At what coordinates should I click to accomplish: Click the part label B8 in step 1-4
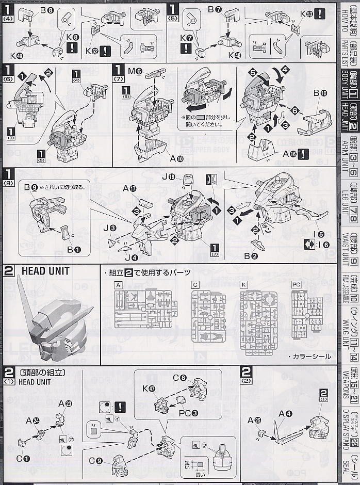tap(50, 10)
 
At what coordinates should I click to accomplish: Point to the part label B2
tap(261, 254)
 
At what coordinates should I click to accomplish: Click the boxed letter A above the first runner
tap(118, 285)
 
